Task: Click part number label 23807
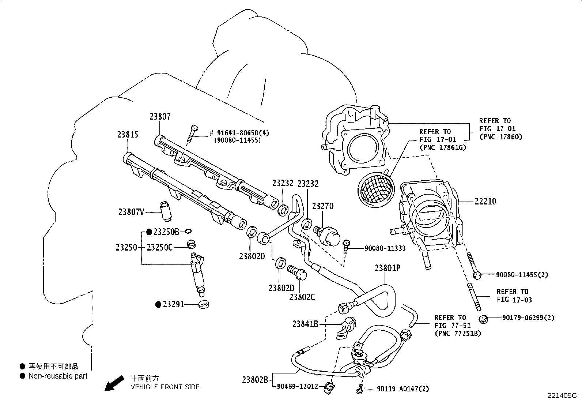(160, 117)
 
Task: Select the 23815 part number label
(128, 135)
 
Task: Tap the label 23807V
(131, 212)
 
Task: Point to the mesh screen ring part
(376, 188)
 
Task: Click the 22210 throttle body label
(485, 201)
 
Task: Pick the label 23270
(322, 206)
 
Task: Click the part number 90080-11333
(385, 249)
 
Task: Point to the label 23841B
(305, 324)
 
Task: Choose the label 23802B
(255, 380)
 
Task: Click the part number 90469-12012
(298, 386)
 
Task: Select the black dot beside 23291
(158, 304)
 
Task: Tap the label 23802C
(302, 297)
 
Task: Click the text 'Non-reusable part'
(58, 376)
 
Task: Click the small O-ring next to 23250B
(188, 231)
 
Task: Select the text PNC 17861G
(443, 148)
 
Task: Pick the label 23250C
(159, 248)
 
